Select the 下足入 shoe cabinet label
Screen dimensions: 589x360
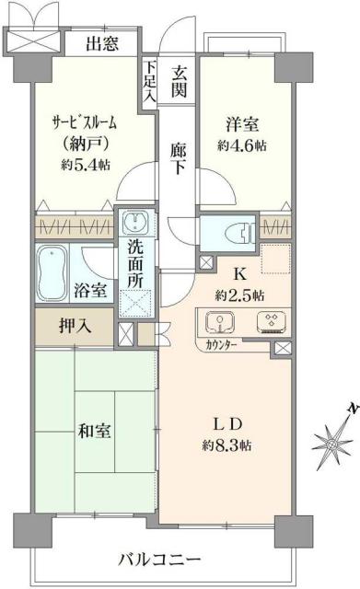[x=149, y=80]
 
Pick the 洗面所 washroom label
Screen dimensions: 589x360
[x=136, y=261]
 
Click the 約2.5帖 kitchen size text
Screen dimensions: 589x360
[x=241, y=295]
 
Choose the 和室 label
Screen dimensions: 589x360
[x=95, y=429]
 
